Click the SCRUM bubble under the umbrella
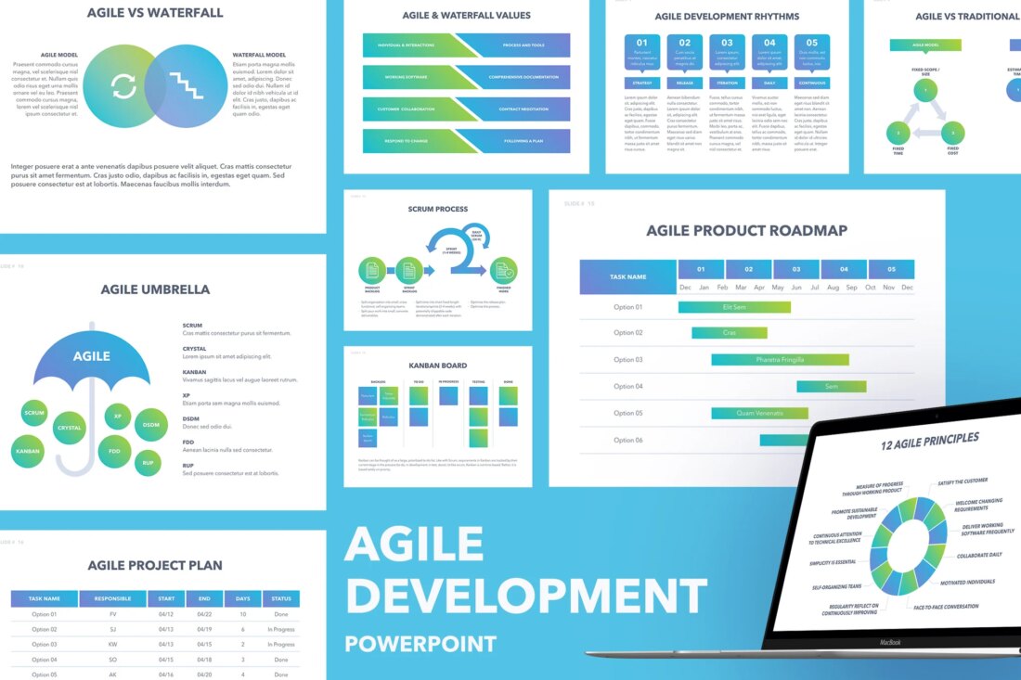(34, 413)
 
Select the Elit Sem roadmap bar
(734, 307)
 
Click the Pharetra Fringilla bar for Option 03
(780, 360)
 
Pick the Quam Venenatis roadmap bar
(759, 413)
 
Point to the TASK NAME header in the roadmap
(628, 276)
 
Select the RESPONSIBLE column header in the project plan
(113, 598)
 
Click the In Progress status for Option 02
(281, 629)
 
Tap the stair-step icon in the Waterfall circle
(186, 86)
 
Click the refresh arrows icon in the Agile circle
(123, 86)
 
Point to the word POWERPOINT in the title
(420, 643)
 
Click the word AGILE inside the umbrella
(91, 355)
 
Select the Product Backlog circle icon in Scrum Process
(371, 271)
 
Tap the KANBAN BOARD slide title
(438, 366)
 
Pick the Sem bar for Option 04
(832, 386)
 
